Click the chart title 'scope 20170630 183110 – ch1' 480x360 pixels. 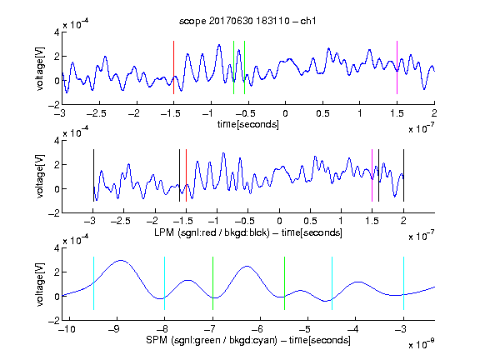click(x=247, y=21)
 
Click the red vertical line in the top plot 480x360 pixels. click(x=173, y=67)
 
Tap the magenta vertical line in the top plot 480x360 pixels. click(x=397, y=67)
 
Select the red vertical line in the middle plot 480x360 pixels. click(x=186, y=175)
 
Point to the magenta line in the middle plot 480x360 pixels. click(x=372, y=175)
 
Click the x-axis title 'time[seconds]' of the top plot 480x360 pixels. click(x=248, y=124)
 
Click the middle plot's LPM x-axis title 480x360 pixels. click(x=248, y=232)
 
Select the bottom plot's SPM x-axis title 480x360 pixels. click(x=248, y=340)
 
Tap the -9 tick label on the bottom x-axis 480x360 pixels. click(x=114, y=329)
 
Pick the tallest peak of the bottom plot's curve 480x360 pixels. click(x=121, y=261)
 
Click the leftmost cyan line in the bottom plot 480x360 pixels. click(x=93, y=283)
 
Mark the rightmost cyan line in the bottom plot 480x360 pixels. click(x=404, y=283)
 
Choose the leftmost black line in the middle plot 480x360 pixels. click(x=93, y=175)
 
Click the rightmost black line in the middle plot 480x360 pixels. click(x=404, y=175)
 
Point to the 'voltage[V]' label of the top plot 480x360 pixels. click(x=40, y=68)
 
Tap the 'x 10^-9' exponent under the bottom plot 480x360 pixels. click(x=422, y=344)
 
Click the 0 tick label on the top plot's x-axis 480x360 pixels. click(x=285, y=113)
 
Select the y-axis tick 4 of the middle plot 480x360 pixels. click(x=57, y=141)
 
